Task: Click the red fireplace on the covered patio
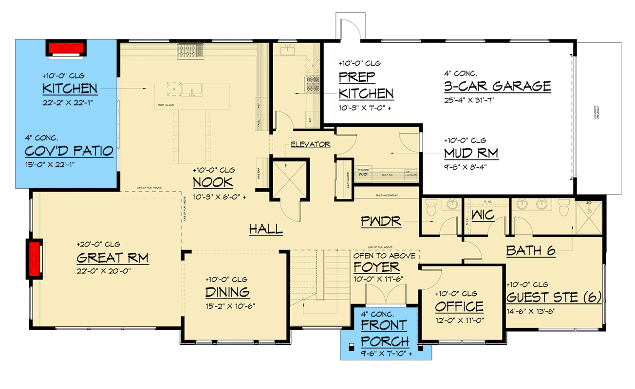(67, 48)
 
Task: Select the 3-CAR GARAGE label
(497, 87)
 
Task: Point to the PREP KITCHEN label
(366, 85)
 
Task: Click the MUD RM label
(471, 153)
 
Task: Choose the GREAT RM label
(112, 258)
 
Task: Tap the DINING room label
(227, 292)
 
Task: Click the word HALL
(266, 229)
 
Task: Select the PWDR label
(381, 222)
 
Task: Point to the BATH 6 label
(531, 251)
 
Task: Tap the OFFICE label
(459, 306)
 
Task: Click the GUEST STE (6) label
(554, 297)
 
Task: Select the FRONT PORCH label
(385, 333)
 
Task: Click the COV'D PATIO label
(69, 151)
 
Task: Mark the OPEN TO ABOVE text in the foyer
(384, 256)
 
